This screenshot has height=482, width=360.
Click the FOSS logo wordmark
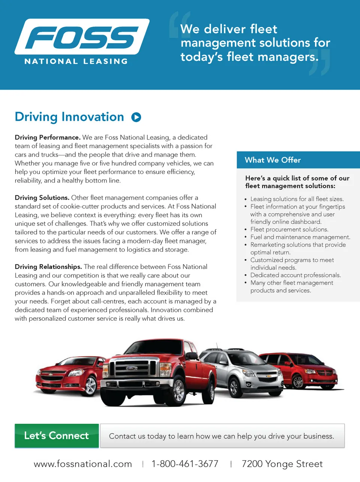[x=82, y=38]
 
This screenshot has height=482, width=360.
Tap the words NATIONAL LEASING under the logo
[x=76, y=61]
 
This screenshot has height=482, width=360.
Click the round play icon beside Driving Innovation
[x=136, y=117]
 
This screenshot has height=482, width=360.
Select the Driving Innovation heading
[x=69, y=117]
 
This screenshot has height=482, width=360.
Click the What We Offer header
[x=273, y=160]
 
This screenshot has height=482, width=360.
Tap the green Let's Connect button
[x=57, y=435]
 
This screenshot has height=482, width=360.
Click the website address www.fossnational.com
[x=83, y=464]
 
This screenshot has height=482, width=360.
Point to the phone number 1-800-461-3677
[x=185, y=464]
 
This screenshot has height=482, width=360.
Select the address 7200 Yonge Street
[x=282, y=464]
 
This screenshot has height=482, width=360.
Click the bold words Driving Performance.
[x=48, y=137]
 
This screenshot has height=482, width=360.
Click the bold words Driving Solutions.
[x=42, y=198]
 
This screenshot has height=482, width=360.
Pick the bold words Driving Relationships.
[x=48, y=267]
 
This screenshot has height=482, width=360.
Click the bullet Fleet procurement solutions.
[x=289, y=230]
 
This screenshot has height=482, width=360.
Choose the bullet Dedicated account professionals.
[x=295, y=275]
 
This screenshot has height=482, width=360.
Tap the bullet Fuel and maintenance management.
[x=300, y=237]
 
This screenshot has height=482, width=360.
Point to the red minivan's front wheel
[x=298, y=381]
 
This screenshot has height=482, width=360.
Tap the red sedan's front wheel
[x=90, y=385]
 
